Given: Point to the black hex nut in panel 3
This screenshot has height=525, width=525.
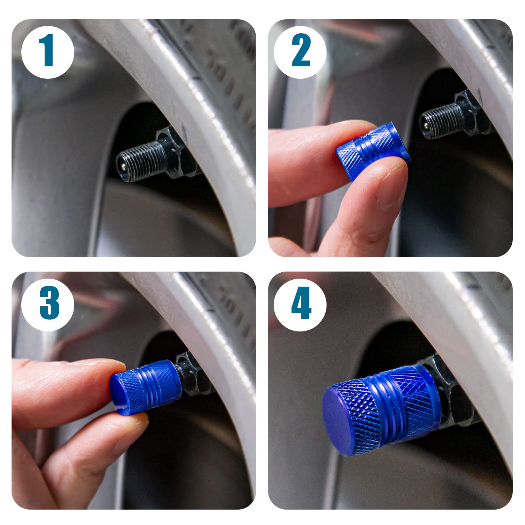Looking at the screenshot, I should click(191, 373).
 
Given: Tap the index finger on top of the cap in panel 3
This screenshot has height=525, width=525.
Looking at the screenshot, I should click(66, 378).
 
